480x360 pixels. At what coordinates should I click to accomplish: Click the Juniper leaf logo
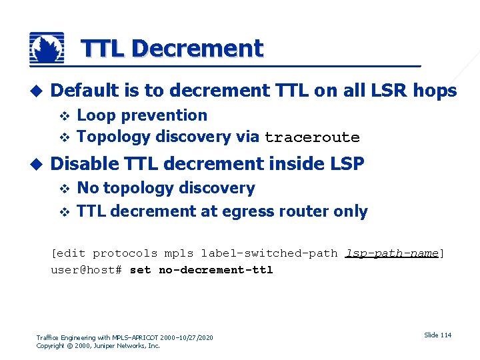[47, 48]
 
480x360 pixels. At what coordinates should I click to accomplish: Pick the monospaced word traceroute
[312, 138]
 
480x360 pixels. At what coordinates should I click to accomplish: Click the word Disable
[83, 163]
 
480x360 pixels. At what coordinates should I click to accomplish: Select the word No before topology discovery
[87, 189]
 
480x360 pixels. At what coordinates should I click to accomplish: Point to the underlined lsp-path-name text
[392, 253]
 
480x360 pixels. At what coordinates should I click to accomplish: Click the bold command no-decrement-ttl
[216, 270]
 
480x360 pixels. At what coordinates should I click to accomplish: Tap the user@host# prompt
[86, 270]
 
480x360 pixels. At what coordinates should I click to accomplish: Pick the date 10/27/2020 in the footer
[194, 338]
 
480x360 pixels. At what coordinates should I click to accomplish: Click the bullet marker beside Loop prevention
[65, 116]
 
